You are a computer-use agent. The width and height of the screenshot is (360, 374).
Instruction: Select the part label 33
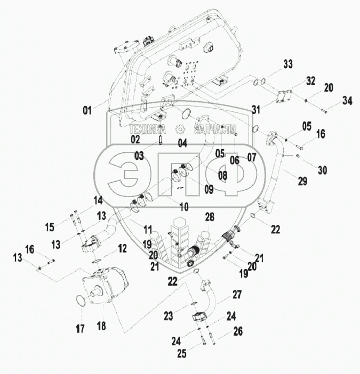pos(288,64)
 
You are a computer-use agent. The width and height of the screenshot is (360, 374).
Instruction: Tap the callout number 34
pos(348,100)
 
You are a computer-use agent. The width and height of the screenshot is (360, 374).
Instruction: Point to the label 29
pos(302,182)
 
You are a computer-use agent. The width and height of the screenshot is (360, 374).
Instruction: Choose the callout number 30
pos(322,170)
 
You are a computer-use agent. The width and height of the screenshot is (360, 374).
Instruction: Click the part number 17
pos(79,329)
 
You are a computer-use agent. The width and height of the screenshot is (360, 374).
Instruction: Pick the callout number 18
pos(100,324)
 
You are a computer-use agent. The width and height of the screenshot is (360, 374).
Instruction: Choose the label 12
pos(122,248)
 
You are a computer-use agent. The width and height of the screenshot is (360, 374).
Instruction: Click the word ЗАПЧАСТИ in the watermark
pos(215,129)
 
